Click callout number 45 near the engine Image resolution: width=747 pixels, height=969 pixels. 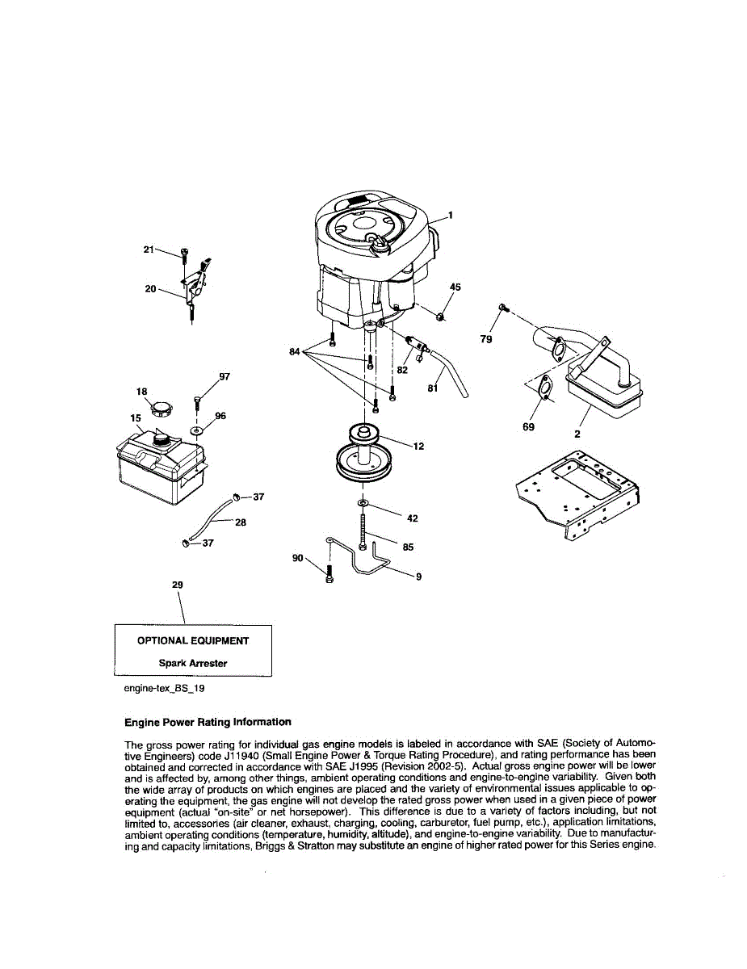pos(455,287)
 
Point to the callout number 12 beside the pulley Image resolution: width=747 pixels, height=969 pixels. pos(418,446)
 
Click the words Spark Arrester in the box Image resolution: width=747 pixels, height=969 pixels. pos(193,663)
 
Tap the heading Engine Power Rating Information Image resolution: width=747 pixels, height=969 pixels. pos(208,722)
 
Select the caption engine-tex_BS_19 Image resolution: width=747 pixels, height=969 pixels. pos(159,689)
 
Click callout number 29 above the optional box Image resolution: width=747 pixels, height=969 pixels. pos(178,583)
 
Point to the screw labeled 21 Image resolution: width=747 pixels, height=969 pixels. pos(185,256)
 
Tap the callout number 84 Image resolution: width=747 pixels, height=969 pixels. pos(295,351)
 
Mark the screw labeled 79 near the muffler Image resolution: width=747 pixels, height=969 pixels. pos(502,307)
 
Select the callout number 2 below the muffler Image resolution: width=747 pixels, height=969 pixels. pos(577,434)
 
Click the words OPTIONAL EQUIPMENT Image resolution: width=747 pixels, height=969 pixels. pos(193,640)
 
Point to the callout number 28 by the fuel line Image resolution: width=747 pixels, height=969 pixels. pos(241,522)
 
